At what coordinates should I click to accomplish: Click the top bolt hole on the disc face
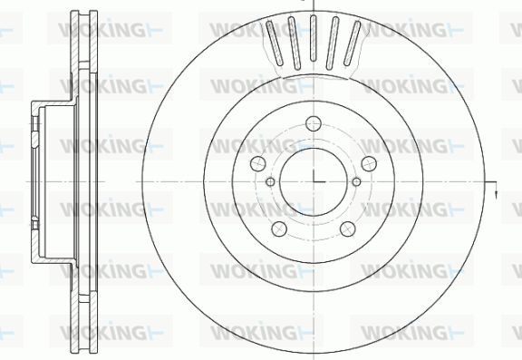point(314,124)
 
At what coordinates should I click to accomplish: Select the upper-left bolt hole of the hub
point(258,163)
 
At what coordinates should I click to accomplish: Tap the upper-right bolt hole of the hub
point(369,163)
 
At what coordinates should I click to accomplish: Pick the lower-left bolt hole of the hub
point(279,229)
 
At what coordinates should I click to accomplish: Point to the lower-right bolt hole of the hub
point(348,229)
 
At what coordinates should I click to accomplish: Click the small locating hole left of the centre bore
point(270,182)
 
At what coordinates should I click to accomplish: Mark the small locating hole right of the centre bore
point(356,182)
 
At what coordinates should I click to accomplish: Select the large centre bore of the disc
point(314,182)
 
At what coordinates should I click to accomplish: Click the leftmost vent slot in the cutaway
point(275,43)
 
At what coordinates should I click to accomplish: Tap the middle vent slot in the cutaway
point(313,38)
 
